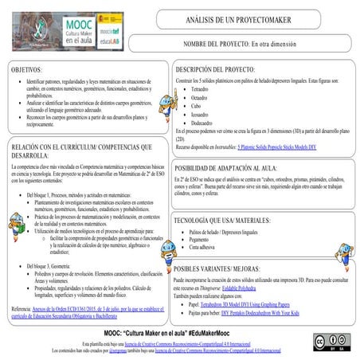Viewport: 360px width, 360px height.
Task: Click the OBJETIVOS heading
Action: tap(27, 71)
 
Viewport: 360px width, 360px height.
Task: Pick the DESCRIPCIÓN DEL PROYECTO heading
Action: tap(220, 70)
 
